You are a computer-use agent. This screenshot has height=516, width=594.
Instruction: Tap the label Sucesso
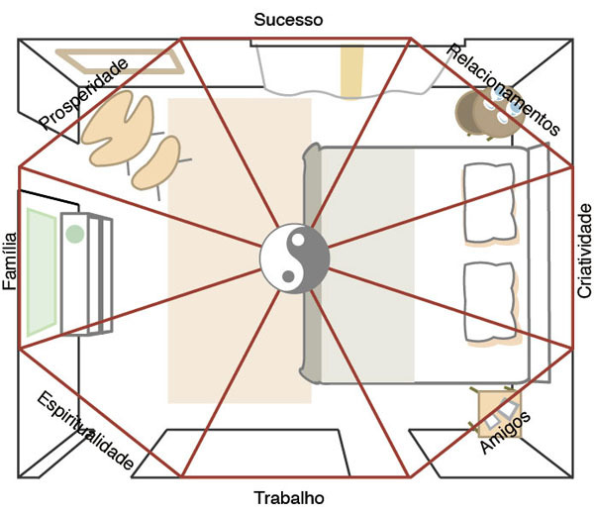click(x=289, y=19)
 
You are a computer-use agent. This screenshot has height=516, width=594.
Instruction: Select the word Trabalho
click(x=288, y=497)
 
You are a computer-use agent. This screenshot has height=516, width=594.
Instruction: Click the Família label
click(x=11, y=260)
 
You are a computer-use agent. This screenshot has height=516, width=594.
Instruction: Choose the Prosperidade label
click(x=84, y=94)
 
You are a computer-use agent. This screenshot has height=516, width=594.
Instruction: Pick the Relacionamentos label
click(x=504, y=89)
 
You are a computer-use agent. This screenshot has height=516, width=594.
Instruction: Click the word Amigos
click(x=505, y=433)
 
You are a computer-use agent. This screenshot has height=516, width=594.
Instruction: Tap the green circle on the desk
click(x=74, y=235)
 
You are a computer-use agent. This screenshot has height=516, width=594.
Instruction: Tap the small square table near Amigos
click(x=495, y=407)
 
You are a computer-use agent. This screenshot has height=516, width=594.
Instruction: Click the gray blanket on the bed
click(x=366, y=265)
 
